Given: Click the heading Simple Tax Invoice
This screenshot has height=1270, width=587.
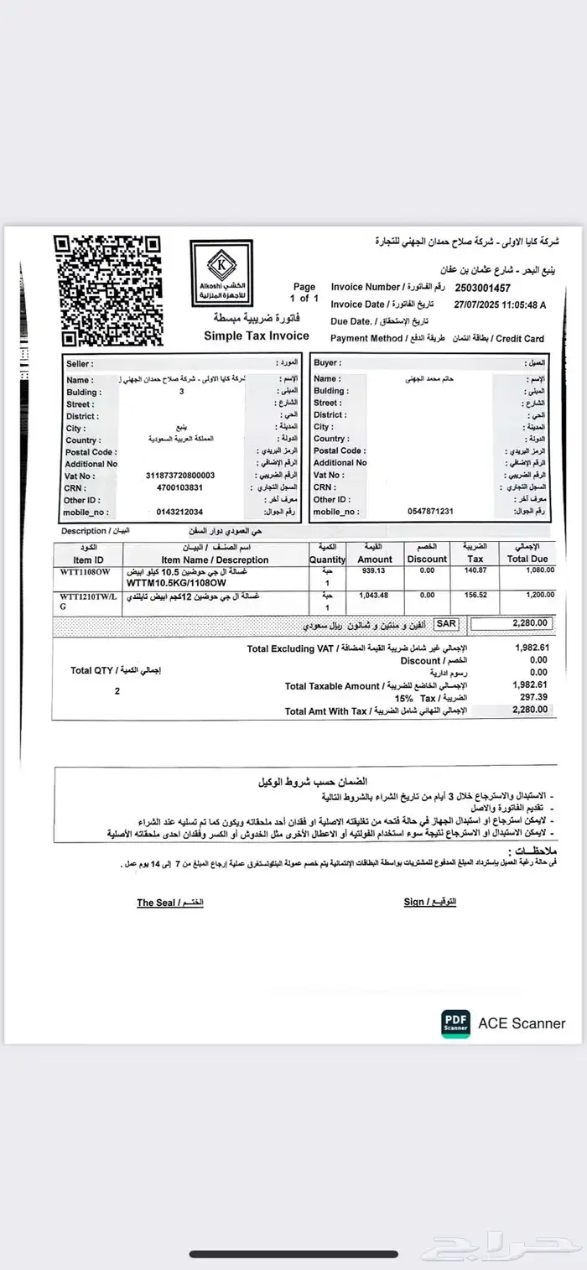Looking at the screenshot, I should pos(257,336).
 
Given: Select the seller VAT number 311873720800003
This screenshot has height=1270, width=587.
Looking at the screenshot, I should pos(179,476).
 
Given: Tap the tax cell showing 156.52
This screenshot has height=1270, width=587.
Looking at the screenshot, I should pos(475,595).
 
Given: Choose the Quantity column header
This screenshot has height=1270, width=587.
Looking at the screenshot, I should pos(326,560).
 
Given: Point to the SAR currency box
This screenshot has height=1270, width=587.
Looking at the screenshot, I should pos(447,624).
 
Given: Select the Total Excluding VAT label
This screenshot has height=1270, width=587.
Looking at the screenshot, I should pos(291,649).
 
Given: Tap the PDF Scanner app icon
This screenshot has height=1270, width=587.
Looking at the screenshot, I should pos(456,1023).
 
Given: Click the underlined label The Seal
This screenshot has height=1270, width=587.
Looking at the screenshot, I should pos(157,903).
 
